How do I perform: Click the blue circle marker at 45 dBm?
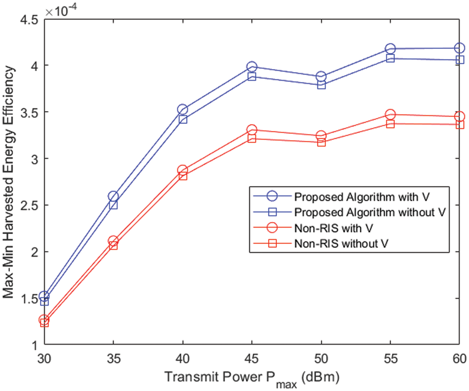point(252,67)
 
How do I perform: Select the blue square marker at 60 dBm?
point(460,60)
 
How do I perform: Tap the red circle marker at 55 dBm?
point(391,115)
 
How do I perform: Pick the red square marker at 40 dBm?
point(183,176)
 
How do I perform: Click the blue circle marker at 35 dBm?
point(113,196)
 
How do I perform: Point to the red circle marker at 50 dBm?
point(321,136)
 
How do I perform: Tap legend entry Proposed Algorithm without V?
point(371,212)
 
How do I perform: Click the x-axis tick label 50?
point(321,357)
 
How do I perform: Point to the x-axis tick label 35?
point(113,357)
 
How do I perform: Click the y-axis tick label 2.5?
point(29,205)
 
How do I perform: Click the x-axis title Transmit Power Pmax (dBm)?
point(252,378)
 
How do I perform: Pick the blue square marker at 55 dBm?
point(391,59)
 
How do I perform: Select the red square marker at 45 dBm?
point(252,138)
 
